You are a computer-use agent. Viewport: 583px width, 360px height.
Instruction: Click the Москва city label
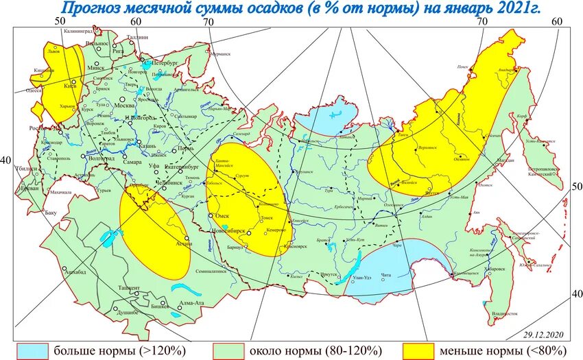pos(124,106)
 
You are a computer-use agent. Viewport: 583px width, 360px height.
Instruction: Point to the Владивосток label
pos(504,314)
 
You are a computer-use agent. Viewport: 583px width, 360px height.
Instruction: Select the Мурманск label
pos(220,53)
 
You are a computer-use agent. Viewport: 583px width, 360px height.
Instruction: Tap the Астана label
pos(183,243)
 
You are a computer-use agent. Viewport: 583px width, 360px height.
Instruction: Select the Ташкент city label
pos(130,287)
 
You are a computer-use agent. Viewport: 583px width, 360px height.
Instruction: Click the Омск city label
pos(222,215)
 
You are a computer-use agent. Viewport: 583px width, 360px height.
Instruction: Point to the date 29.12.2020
pos(543,335)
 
